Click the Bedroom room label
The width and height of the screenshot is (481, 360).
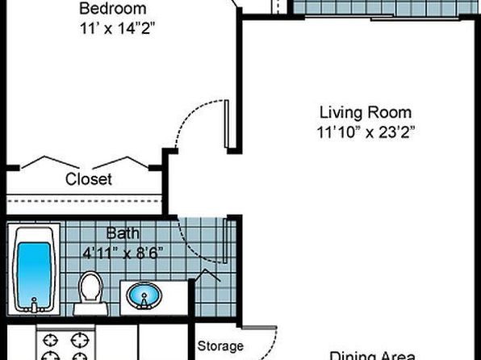(x=112, y=8)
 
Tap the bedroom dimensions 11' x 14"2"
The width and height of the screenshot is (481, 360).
(x=117, y=29)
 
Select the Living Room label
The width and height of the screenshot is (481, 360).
(x=366, y=112)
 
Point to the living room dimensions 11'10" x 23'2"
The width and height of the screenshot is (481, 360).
(x=366, y=132)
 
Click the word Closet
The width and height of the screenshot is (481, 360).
(x=88, y=179)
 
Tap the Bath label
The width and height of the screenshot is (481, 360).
(x=123, y=233)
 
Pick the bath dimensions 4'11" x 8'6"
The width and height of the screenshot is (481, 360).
(x=123, y=253)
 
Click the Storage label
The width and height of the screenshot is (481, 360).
(x=220, y=346)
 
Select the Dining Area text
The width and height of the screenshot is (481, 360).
(x=372, y=355)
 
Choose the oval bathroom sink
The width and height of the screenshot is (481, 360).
(x=144, y=296)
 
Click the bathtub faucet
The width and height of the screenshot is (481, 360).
(x=34, y=305)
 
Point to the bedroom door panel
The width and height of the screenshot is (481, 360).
(x=227, y=124)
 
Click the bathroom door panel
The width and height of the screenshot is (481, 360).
(x=225, y=241)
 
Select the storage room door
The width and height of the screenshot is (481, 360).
(x=259, y=328)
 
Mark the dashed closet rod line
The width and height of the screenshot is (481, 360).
(x=84, y=201)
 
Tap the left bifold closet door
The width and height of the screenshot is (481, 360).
(x=50, y=162)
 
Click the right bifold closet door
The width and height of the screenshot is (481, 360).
(x=120, y=163)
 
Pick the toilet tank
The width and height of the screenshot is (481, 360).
(x=90, y=309)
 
